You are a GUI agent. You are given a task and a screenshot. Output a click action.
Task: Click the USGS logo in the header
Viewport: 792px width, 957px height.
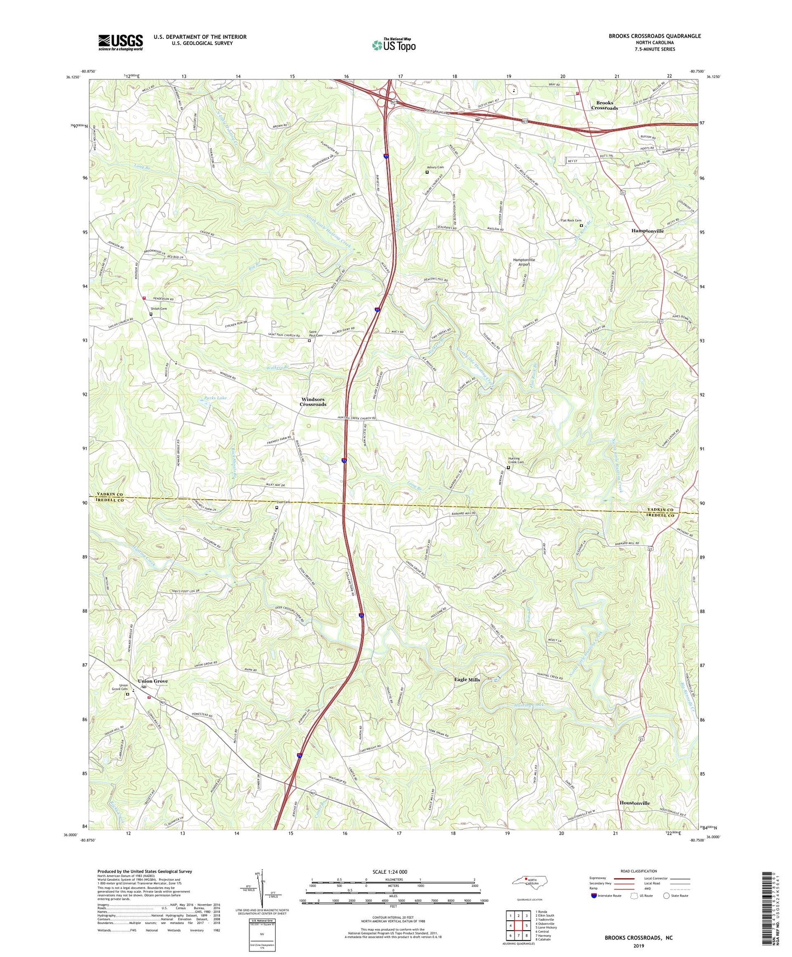coord(121,42)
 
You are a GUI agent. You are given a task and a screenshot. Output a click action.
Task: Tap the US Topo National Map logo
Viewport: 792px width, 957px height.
coord(394,45)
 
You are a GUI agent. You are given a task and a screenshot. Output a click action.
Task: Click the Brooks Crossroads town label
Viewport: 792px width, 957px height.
coord(604,105)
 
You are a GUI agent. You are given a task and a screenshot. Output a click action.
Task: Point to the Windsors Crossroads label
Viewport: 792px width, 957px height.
coord(313,402)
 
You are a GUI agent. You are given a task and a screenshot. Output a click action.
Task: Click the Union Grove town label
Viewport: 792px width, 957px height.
coord(153,681)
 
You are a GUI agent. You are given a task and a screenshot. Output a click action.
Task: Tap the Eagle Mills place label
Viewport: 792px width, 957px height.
coord(467,680)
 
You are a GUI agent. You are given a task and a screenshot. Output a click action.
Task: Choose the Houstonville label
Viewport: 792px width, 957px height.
coord(635,803)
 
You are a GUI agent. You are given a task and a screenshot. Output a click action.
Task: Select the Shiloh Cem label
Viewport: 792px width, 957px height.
coord(158,309)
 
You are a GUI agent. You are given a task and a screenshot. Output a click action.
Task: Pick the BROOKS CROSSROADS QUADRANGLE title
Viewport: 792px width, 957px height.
coord(654,36)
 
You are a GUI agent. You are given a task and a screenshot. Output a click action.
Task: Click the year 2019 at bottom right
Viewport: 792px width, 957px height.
coord(639,945)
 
